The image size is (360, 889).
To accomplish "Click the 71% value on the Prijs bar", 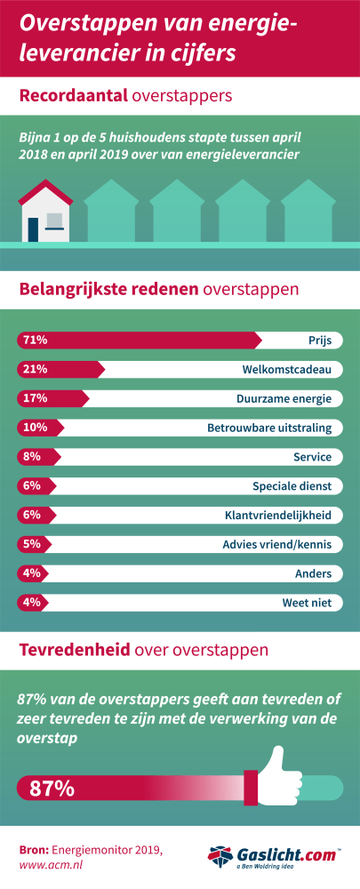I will click(x=35, y=340).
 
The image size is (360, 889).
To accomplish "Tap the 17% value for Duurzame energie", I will click(x=35, y=398).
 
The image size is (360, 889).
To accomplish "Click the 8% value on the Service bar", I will click(x=31, y=457).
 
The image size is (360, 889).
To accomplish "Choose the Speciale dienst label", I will click(x=292, y=486).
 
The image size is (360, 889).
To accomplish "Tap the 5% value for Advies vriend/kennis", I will click(x=31, y=545).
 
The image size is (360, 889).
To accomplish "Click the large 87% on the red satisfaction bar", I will click(x=52, y=788).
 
